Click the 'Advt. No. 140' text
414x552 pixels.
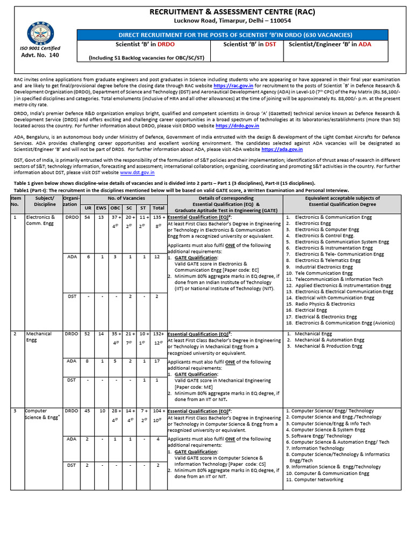point(39,55)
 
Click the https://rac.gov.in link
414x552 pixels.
point(233,85)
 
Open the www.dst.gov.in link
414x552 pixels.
point(137,173)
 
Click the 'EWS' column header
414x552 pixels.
point(101,208)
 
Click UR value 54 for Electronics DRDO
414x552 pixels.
point(87,217)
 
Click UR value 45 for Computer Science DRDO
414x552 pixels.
point(87,411)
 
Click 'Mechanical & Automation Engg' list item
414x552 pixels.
point(329,340)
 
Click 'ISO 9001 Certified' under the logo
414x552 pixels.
point(39,47)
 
